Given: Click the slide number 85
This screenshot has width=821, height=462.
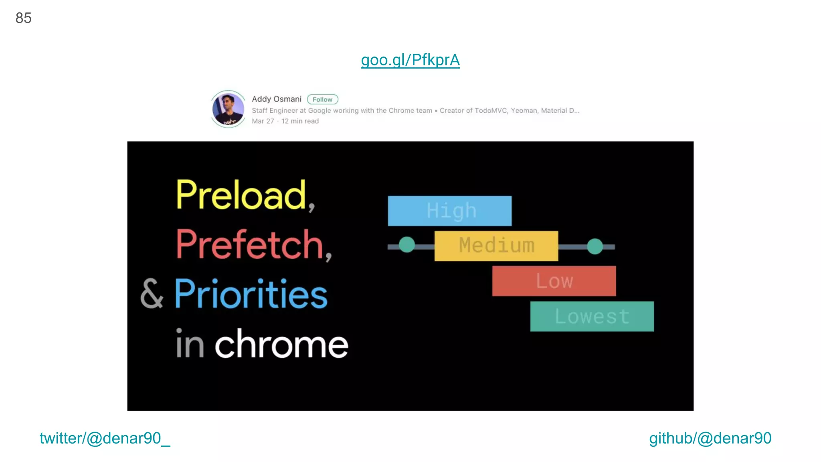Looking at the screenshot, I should coord(23,18).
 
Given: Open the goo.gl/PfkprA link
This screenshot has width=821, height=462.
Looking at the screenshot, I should coord(410,60).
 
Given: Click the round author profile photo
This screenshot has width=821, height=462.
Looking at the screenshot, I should coord(228,109).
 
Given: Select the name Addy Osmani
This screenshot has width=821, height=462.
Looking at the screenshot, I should coord(276,99).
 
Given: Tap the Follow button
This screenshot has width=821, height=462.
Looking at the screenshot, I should coord(322,99).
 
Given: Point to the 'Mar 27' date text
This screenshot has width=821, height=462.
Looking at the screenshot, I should coord(263,121).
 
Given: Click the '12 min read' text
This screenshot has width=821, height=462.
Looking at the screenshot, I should coord(300,121).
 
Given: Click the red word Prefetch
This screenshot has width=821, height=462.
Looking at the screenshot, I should coord(250,244).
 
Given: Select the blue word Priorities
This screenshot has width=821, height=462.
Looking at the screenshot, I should coord(251,294).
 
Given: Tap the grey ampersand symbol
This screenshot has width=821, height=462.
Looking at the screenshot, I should coord(152,294).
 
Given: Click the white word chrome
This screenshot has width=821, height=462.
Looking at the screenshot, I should coord(281,344).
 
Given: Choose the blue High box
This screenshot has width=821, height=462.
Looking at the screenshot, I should coord(449,211).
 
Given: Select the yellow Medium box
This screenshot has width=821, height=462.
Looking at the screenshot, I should coord(496,246).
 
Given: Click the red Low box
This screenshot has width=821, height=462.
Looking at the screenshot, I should coord(554,281).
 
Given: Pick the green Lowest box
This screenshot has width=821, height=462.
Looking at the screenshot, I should coord(592,316).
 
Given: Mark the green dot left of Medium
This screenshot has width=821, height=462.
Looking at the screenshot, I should coord(407,245).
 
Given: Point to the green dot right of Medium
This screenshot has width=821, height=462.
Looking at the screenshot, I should coord(595,246).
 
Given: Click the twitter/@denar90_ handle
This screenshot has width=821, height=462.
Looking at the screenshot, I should coord(105,438).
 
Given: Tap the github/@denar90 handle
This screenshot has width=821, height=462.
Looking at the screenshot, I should coord(710,438).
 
